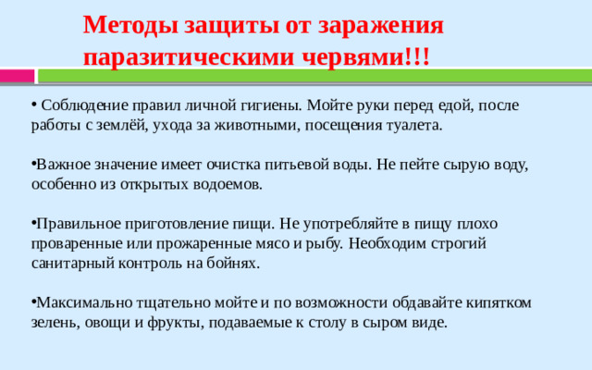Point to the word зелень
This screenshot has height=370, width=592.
(52, 323)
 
